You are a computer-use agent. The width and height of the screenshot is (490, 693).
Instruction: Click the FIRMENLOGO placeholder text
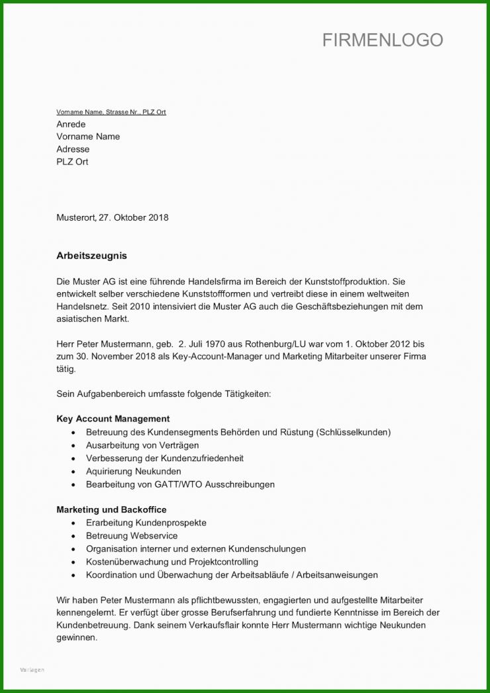point(382,40)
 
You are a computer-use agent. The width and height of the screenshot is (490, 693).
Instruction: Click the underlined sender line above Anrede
point(111,112)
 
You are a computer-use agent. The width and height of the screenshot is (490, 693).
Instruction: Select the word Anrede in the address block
point(71,124)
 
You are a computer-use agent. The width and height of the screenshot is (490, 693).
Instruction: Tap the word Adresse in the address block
point(73,149)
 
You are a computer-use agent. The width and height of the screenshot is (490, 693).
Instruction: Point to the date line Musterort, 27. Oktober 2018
point(112,217)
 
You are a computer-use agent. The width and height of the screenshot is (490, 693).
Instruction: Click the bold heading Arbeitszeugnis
point(91,255)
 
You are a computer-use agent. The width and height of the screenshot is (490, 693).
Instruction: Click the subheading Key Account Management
point(113,419)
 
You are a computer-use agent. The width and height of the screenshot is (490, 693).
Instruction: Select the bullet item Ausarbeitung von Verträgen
point(142,445)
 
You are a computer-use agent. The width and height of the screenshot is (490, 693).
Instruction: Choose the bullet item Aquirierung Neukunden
point(133,471)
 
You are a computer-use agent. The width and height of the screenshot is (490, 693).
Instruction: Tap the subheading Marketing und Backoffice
point(111,509)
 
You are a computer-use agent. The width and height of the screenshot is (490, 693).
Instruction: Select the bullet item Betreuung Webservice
point(131,535)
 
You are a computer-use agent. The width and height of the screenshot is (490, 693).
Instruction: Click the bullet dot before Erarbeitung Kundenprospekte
point(73,523)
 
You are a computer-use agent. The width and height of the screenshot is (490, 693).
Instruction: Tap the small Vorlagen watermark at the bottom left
point(32,670)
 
